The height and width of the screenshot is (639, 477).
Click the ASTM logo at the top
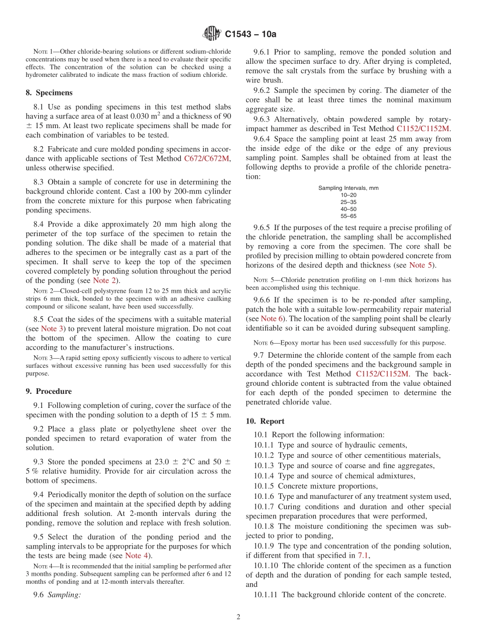(x=211, y=34)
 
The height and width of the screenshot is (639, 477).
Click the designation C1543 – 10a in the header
(x=251, y=34)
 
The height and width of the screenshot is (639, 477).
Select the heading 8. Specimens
(x=49, y=92)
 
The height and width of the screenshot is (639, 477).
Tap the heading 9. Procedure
(x=49, y=391)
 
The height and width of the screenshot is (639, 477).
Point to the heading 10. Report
(x=265, y=421)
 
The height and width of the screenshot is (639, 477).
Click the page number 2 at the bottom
(x=238, y=617)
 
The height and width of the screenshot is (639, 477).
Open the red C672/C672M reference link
(x=207, y=159)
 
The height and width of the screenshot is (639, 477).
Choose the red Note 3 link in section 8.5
(x=53, y=329)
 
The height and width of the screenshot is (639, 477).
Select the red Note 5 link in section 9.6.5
(x=420, y=265)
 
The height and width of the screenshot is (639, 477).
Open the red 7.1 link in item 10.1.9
(x=363, y=555)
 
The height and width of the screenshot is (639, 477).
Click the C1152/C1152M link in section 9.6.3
(x=423, y=129)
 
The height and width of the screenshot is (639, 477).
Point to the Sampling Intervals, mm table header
(x=348, y=188)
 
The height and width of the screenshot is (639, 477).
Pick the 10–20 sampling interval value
(x=348, y=195)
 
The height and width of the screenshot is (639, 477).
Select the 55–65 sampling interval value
(x=348, y=216)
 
